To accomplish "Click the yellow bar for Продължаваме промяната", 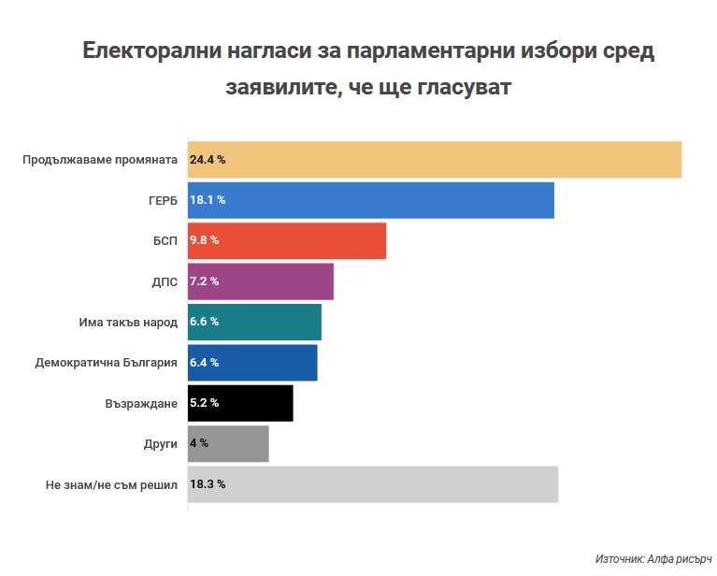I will pos(435,159).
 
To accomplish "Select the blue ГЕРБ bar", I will pos(371,200).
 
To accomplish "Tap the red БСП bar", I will pos(287,240).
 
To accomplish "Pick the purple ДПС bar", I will pos(261,281).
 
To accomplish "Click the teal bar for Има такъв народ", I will pos(254,322).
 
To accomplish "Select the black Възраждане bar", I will pos(240,403).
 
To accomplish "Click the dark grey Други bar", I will pos(228,443).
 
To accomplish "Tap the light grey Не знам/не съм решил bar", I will pos(373,484).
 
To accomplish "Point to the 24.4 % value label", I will pos(208,160).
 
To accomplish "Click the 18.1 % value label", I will pos(208,200).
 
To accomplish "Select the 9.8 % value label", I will pos(204,240).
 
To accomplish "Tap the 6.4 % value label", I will pos(204,363).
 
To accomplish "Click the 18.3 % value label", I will pos(208,484).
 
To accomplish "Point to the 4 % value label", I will pos(199,443).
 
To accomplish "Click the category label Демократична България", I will pos(106,363).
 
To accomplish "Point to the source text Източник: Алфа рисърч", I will pos(653,558).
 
